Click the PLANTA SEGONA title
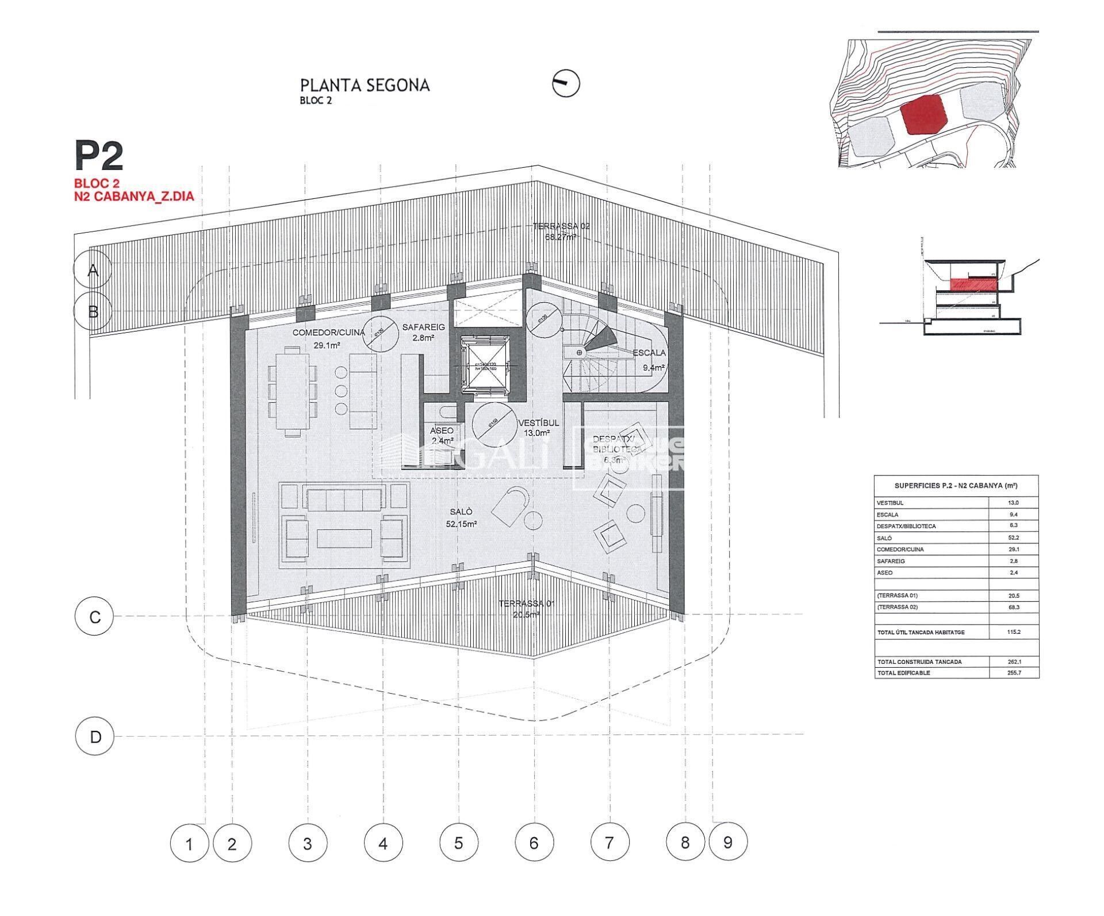point(365,86)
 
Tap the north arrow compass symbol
point(566,84)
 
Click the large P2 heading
point(98,157)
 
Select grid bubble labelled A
point(93,270)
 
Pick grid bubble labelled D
point(95,737)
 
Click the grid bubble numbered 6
point(534,844)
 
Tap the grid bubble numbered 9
point(728,843)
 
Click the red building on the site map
point(923,115)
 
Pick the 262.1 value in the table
point(1013,661)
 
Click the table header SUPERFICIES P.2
point(956,486)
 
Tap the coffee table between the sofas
point(343,538)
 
